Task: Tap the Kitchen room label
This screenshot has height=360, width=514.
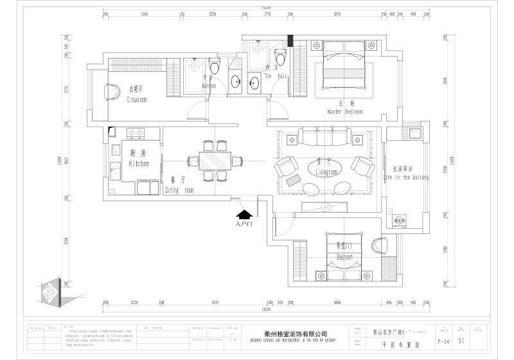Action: pyautogui.click(x=139, y=164)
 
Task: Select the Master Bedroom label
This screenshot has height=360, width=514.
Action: pyautogui.click(x=344, y=111)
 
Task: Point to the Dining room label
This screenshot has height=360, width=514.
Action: pyautogui.click(x=179, y=190)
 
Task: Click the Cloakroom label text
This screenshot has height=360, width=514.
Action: pyautogui.click(x=137, y=100)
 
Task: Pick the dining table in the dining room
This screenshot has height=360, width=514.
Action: pyautogui.click(x=213, y=160)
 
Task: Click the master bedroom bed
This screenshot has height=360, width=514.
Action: pyautogui.click(x=343, y=66)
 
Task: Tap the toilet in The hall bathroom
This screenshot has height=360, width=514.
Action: pyautogui.click(x=280, y=56)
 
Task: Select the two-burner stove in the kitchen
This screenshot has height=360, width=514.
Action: pyautogui.click(x=135, y=134)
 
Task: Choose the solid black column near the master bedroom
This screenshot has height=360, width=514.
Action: pyautogui.click(x=291, y=42)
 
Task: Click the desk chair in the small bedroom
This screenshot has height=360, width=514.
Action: pyautogui.click(x=376, y=246)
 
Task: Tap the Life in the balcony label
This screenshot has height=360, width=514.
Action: pyautogui.click(x=407, y=176)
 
